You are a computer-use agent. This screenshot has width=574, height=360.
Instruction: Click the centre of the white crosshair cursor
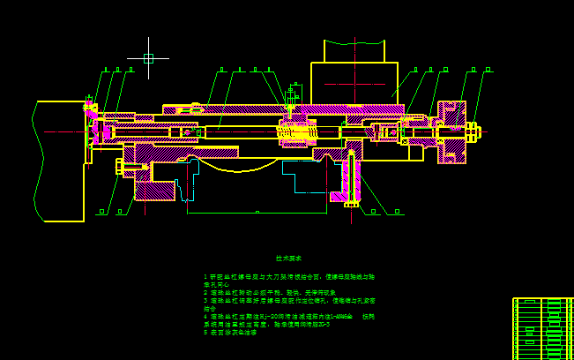[148, 58]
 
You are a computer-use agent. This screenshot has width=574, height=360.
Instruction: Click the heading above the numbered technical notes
[288, 259]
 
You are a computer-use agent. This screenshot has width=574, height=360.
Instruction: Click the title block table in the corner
[542, 327]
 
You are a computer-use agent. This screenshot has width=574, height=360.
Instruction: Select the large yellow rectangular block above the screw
[354, 84]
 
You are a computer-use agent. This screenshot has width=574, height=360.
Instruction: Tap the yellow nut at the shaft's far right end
[472, 132]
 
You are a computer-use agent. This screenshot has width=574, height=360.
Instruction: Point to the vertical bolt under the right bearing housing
[351, 181]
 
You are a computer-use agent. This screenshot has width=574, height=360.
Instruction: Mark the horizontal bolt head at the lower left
[121, 166]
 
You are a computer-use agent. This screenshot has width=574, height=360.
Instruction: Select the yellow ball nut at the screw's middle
[297, 132]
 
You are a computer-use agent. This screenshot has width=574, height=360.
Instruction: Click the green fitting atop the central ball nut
[294, 91]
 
